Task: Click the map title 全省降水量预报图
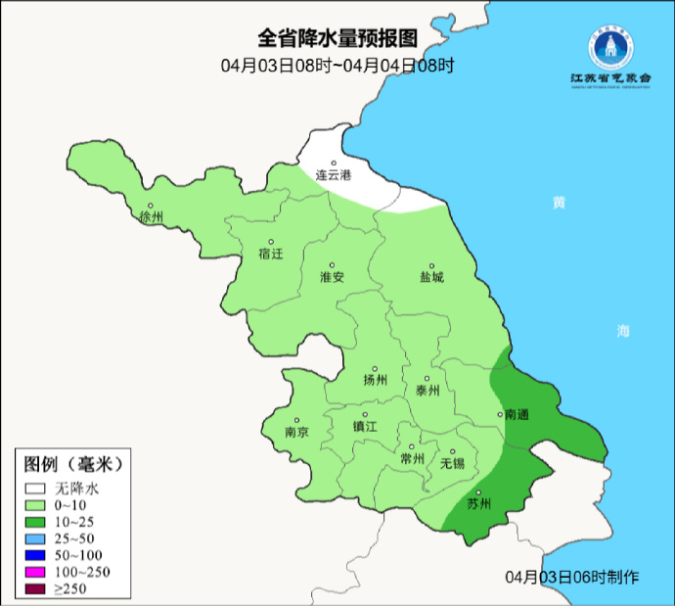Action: click(x=337, y=39)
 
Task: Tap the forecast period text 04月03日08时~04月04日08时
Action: click(x=337, y=66)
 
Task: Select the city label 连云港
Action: click(x=333, y=176)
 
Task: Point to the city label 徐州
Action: click(x=152, y=216)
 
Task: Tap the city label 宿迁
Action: click(x=270, y=254)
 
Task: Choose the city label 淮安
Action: click(x=333, y=277)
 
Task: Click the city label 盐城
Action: click(x=431, y=277)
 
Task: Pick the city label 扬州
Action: click(x=375, y=380)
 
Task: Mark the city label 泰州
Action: click(x=428, y=390)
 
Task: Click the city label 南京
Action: click(x=296, y=432)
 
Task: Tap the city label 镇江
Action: click(x=365, y=427)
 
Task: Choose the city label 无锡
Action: click(x=452, y=462)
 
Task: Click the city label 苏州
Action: click(x=478, y=504)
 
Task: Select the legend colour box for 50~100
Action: click(x=36, y=555)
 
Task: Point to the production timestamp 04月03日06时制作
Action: click(x=572, y=577)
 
